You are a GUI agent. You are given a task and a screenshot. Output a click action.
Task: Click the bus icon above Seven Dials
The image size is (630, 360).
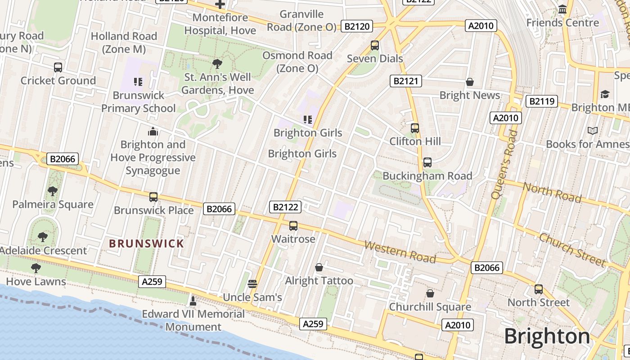tap(375, 45)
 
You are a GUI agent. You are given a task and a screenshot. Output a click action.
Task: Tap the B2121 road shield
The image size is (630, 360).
tap(406, 81)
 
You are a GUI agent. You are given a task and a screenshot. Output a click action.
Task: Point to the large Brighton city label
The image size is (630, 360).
tap(547, 336)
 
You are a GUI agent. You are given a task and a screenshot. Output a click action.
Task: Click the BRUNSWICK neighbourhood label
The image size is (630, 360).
tap(147, 244)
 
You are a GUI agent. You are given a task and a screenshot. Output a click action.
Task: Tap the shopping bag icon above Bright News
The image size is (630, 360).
tap(470, 82)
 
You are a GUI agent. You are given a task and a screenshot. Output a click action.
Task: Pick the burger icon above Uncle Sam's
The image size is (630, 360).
tap(252, 283)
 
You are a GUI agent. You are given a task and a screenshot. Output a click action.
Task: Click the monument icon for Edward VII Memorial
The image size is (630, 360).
tap(193, 300)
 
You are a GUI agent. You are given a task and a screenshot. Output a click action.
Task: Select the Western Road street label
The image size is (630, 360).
tap(400, 252)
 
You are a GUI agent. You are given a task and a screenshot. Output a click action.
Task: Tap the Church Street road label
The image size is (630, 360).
tap(572, 249)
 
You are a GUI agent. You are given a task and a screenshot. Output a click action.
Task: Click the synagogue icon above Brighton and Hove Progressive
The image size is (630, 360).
tap(153, 131)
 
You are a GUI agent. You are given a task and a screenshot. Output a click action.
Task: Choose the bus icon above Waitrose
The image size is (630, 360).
tap(293, 225)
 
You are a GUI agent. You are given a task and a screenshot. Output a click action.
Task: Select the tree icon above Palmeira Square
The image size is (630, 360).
tap(53, 191)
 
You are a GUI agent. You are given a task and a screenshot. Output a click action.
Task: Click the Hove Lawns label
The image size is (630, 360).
tap(36, 282)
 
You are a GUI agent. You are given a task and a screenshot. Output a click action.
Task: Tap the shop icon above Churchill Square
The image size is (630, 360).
tap(430, 293)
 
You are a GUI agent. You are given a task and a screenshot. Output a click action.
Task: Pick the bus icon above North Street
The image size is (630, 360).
tap(539, 289)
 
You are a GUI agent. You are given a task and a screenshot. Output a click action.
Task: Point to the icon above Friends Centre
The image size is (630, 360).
tap(562, 9)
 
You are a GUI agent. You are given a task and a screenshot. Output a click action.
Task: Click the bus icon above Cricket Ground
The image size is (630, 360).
tap(58, 67)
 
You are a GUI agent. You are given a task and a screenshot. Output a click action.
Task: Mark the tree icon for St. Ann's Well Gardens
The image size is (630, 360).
tap(217, 63)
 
